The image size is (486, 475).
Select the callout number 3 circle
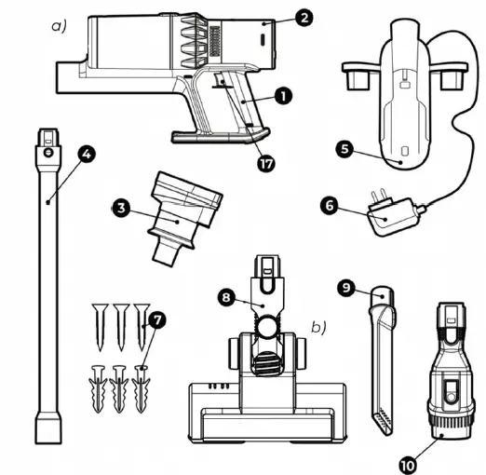pyautogui.click(x=120, y=208)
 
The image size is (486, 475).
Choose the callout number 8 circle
pyautogui.click(x=226, y=299)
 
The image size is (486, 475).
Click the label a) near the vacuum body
pyautogui.click(x=59, y=25)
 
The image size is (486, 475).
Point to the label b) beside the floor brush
pyautogui.click(x=317, y=327)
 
